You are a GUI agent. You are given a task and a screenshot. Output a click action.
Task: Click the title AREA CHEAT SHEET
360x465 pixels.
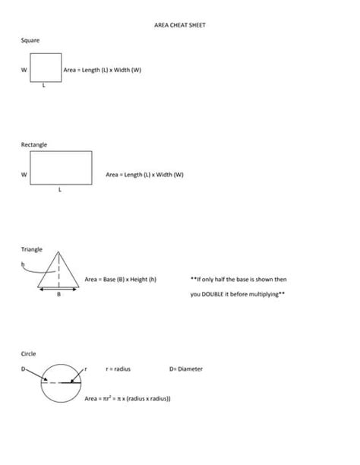(179, 26)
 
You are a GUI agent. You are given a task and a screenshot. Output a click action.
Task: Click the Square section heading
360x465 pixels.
(30, 40)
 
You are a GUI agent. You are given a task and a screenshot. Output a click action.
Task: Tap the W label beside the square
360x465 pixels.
(24, 70)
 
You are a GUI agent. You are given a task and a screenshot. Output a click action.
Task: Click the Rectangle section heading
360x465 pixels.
(34, 144)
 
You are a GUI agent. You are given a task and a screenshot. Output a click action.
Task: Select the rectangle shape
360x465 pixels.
(62, 166)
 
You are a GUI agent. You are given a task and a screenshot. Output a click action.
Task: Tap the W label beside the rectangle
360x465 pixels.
(24, 175)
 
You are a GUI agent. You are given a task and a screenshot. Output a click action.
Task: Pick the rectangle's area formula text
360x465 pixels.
(144, 175)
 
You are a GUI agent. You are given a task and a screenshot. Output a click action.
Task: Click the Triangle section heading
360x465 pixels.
(32, 248)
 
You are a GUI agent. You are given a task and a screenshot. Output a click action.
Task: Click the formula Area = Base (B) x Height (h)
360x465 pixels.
(122, 280)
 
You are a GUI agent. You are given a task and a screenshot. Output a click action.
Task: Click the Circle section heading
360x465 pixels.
(28, 353)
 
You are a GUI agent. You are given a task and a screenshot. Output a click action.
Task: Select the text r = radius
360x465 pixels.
(118, 369)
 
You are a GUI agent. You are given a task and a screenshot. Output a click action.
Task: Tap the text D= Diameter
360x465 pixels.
(185, 369)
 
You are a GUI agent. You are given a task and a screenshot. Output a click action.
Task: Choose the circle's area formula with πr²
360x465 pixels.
(127, 398)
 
